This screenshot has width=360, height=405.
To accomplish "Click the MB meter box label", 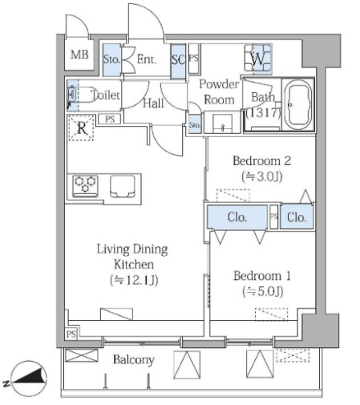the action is (x=79, y=55).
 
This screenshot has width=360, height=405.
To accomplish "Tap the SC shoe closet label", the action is (x=178, y=60).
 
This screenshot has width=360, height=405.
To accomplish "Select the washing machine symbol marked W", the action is (x=258, y=59).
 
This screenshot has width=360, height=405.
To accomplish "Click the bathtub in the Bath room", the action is (x=298, y=104).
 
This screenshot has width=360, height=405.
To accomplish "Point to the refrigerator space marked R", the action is (x=81, y=128).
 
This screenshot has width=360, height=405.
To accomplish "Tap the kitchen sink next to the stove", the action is (x=123, y=186).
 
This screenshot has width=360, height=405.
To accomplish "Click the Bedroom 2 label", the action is (x=261, y=161).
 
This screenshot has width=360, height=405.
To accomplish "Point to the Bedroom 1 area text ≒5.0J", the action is (x=262, y=291).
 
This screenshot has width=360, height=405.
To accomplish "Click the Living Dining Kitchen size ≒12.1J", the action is (x=134, y=280).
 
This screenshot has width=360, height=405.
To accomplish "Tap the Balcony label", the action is (x=134, y=360).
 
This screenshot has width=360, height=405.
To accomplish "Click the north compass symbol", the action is (x=29, y=379).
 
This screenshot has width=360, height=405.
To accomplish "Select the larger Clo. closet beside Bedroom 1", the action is (x=237, y=217).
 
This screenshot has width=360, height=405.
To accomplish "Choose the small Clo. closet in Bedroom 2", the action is (x=297, y=217).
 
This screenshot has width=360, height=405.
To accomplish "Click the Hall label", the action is (x=153, y=103).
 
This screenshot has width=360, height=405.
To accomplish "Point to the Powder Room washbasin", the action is (x=222, y=124).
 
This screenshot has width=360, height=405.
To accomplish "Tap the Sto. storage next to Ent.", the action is (x=111, y=59).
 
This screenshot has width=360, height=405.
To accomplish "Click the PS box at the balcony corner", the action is (x=71, y=334).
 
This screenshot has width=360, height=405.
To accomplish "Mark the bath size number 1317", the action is (x=264, y=112).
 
